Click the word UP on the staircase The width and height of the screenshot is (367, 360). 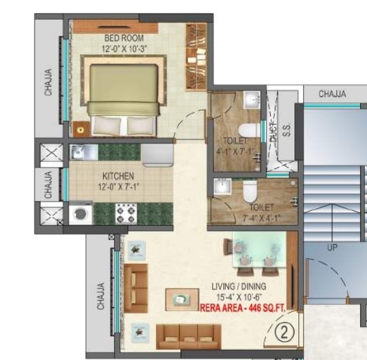coord(332,248)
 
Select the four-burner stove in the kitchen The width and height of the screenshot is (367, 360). coord(125,214)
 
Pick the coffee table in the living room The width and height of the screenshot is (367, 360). coord(181,298)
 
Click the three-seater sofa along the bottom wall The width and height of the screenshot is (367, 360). coord(188,335)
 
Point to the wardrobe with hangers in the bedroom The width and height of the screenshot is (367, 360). coord(196,56)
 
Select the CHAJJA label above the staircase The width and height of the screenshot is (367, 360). coord(332,94)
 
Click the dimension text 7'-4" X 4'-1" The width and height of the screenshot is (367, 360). coord(260,217)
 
